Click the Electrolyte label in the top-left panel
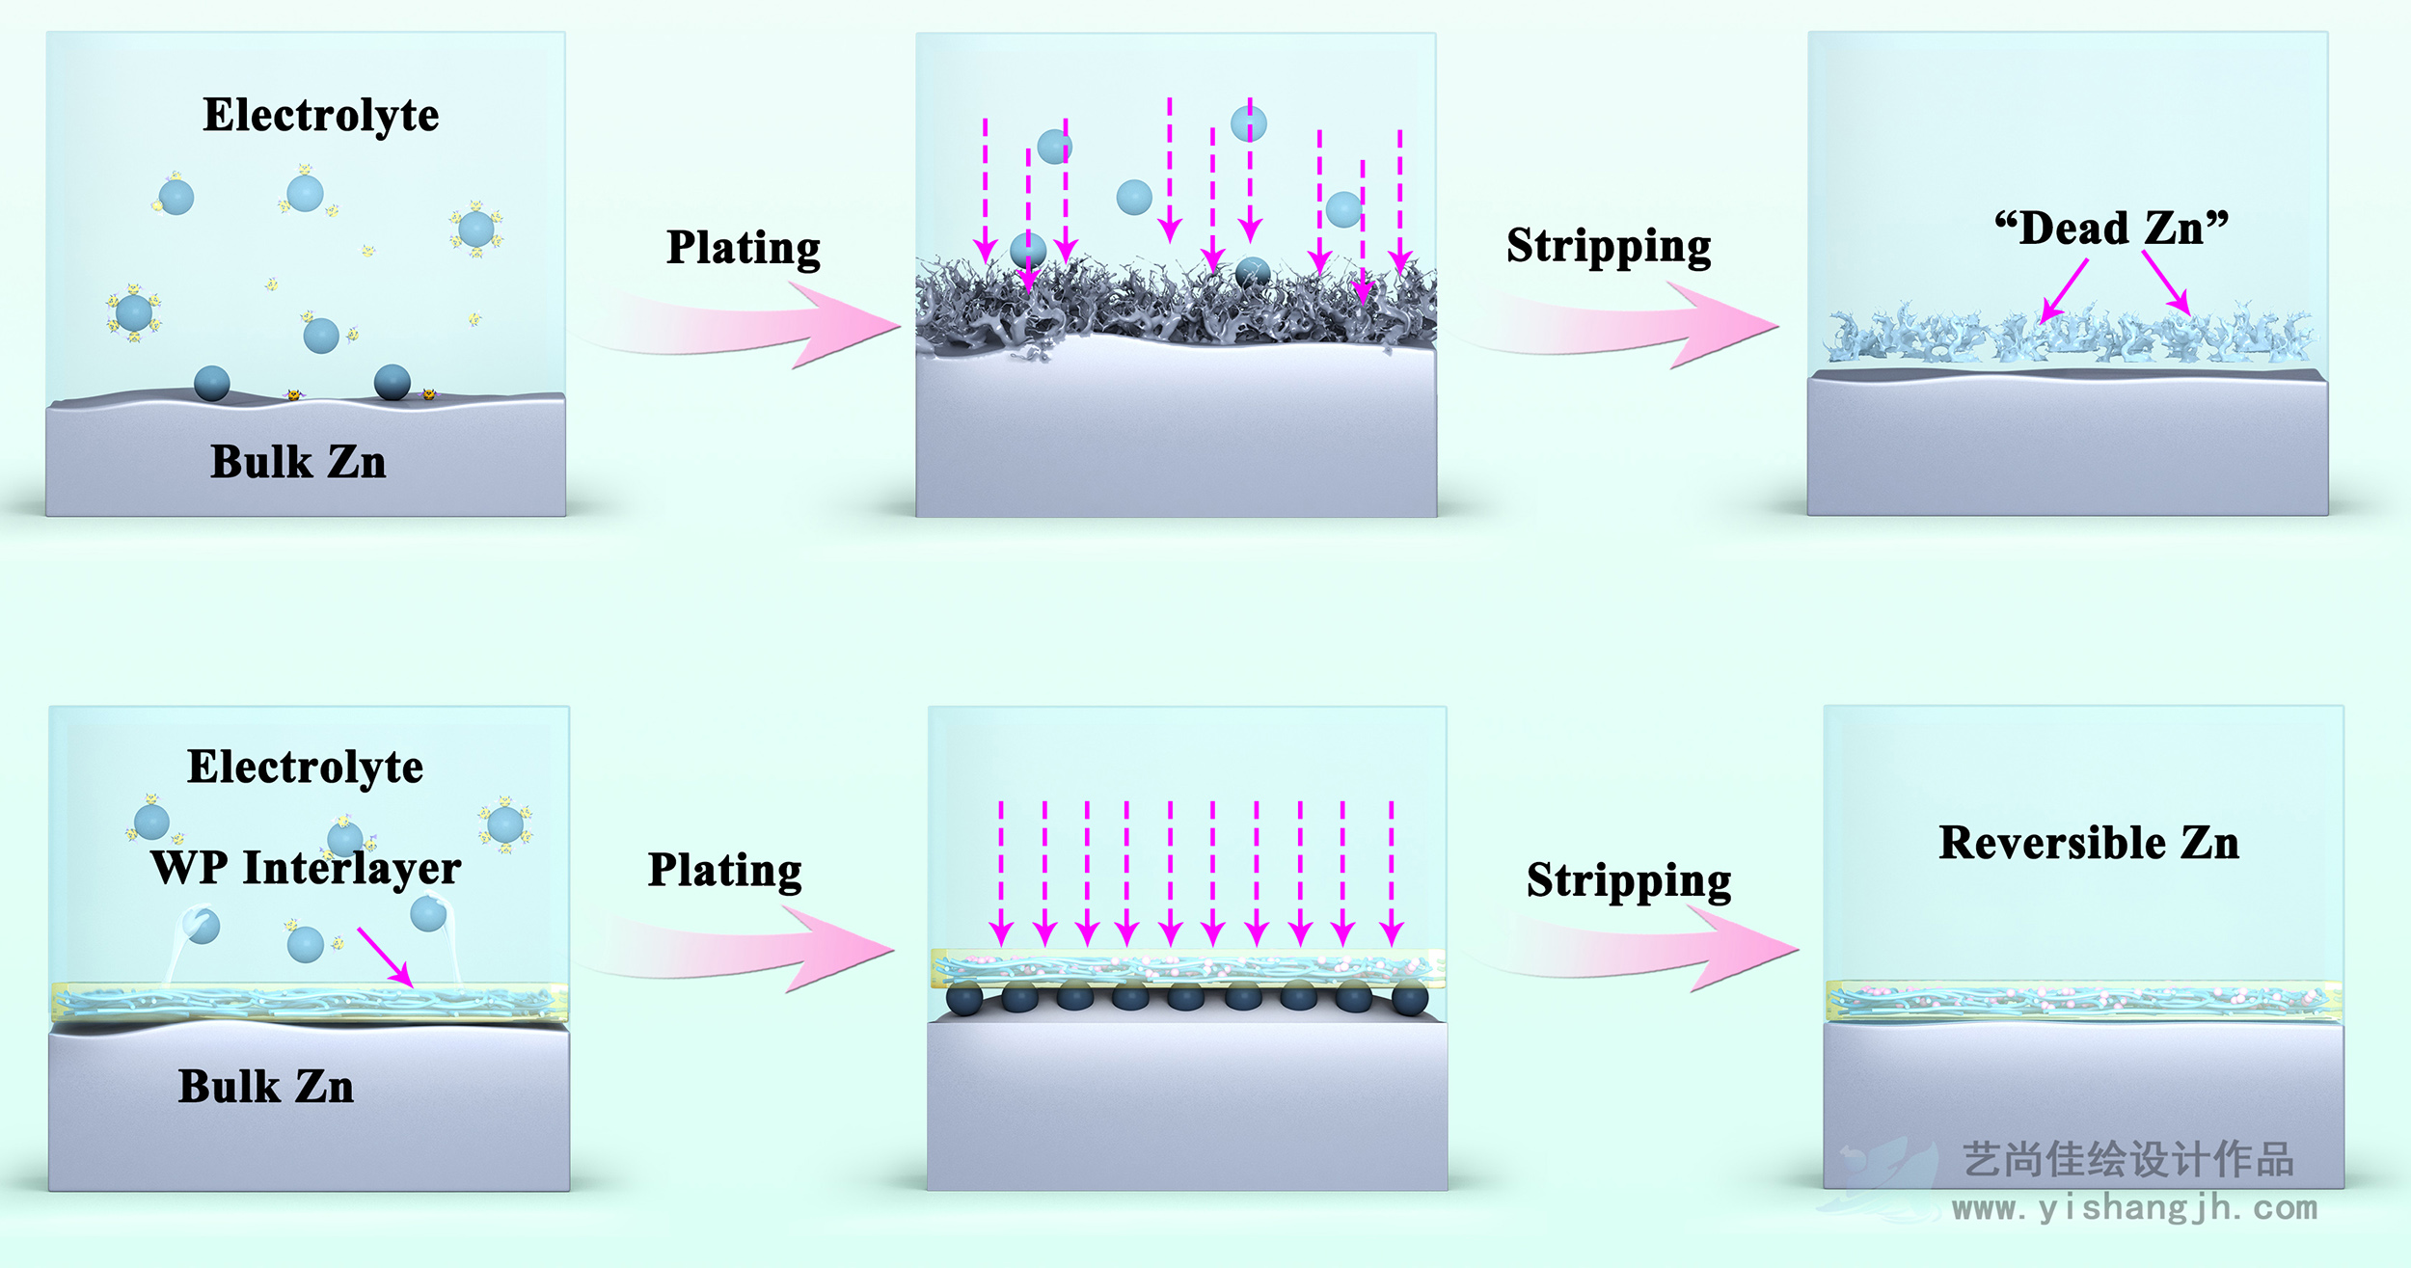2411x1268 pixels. click(x=320, y=116)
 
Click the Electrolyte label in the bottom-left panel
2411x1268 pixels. click(x=305, y=768)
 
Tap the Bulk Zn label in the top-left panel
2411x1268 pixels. click(x=298, y=462)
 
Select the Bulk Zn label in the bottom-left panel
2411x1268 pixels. click(x=266, y=1087)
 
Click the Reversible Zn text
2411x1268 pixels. click(x=2089, y=843)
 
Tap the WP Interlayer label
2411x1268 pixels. click(x=306, y=868)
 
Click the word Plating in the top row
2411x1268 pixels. click(x=744, y=248)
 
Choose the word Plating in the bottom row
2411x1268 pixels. click(x=724, y=871)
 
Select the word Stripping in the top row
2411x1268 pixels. click(x=1609, y=246)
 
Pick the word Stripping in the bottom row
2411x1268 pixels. click(x=1629, y=880)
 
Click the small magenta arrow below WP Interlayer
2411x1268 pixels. click(x=385, y=957)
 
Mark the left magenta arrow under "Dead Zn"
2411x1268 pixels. click(x=2065, y=290)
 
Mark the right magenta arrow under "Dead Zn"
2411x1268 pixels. click(x=2166, y=283)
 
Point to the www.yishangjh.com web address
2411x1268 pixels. click(x=2134, y=1208)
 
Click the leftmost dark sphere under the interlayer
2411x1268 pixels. click(x=964, y=999)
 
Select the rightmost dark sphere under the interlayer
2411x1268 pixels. click(x=1409, y=999)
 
